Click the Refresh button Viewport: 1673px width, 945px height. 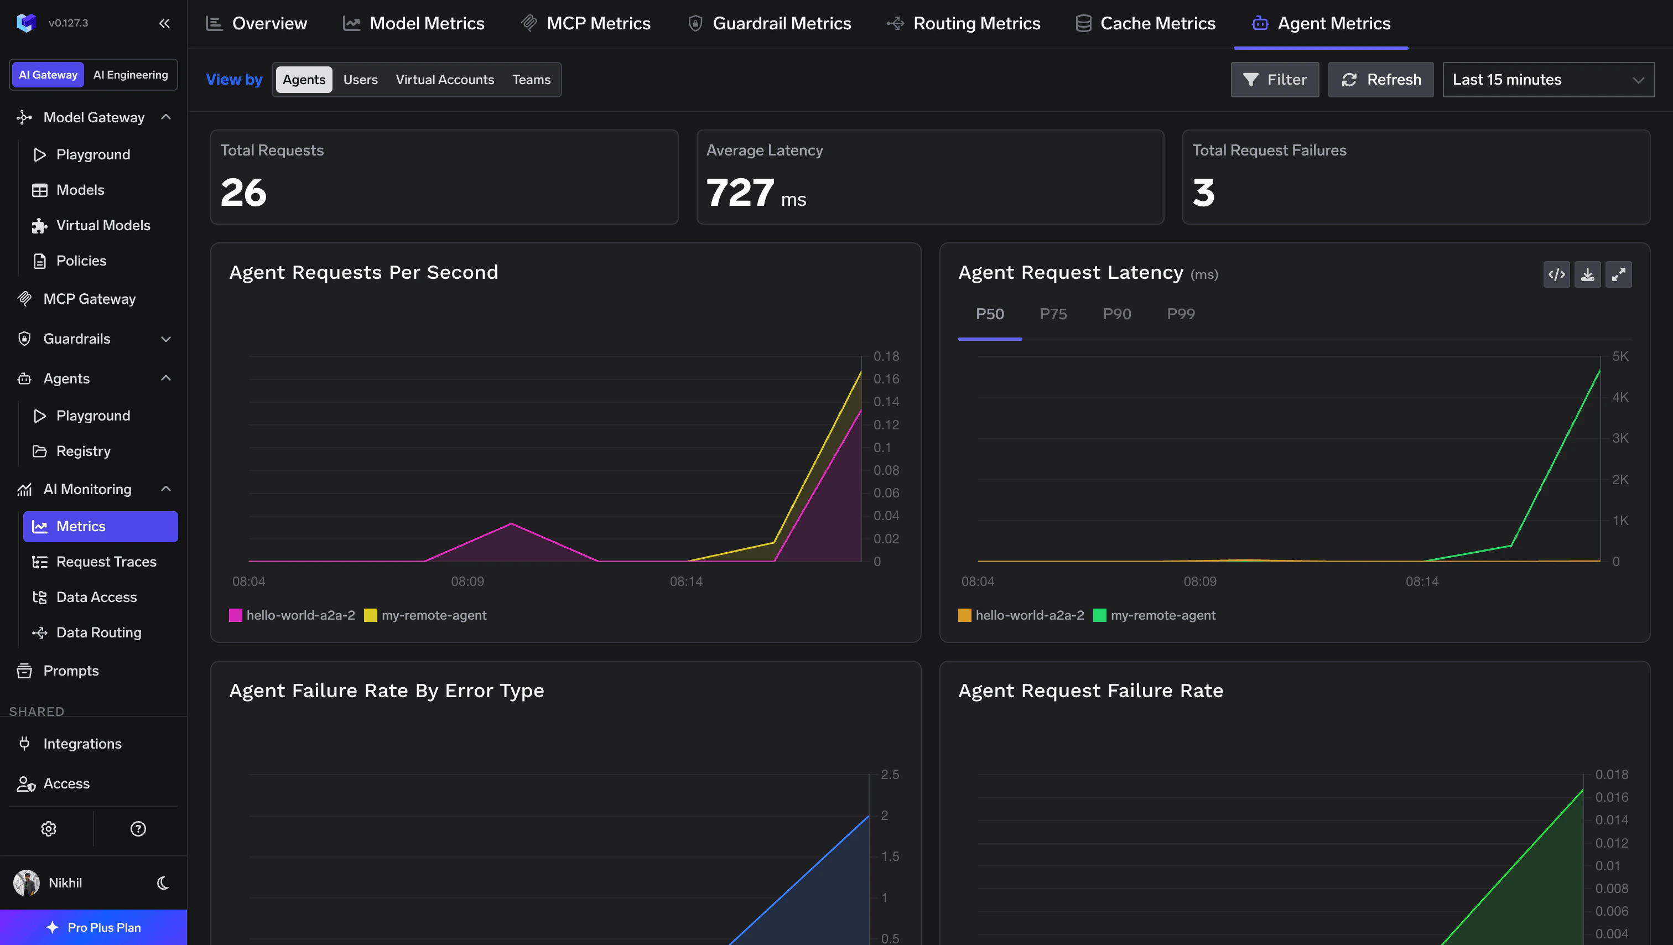(1380, 79)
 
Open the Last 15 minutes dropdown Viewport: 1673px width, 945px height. (1547, 79)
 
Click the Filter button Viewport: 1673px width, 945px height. (1274, 79)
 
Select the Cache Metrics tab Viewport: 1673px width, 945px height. (1146, 23)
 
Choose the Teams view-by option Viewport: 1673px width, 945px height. (531, 79)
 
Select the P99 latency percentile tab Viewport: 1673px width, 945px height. (1180, 314)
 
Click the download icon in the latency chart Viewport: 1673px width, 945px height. (1587, 274)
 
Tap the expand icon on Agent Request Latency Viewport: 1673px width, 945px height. (1618, 274)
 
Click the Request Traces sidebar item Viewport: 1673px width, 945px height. (106, 561)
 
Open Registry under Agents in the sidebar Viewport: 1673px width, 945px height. (83, 451)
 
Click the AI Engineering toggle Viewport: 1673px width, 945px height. (131, 75)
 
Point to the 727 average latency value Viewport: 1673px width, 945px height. (740, 193)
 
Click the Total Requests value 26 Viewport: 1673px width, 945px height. (243, 193)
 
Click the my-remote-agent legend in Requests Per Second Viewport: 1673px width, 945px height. (433, 615)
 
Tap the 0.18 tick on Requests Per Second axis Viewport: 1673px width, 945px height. (886, 356)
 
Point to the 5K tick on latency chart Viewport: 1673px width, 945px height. (1620, 356)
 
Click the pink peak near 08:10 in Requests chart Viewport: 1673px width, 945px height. (511, 523)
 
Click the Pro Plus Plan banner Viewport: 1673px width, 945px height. (93, 927)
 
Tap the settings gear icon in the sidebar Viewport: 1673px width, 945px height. (49, 829)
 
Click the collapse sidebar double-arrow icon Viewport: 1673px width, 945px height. (164, 23)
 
